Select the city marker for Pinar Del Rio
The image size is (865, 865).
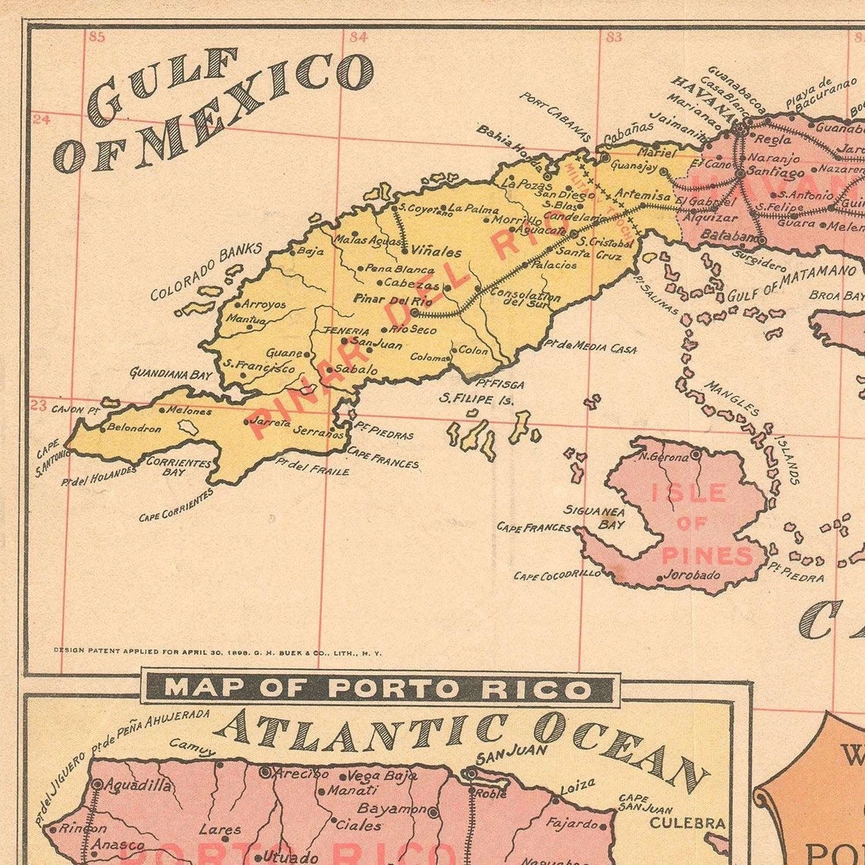[414, 312]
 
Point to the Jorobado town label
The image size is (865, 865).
[691, 575]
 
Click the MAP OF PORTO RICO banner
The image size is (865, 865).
[379, 689]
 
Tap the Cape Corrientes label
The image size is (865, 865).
[177, 505]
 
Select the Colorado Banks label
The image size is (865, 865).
[206, 271]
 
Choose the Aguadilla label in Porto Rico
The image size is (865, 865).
[137, 785]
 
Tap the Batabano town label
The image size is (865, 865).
[728, 236]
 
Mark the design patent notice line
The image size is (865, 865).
[217, 652]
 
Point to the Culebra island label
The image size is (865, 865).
[687, 823]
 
